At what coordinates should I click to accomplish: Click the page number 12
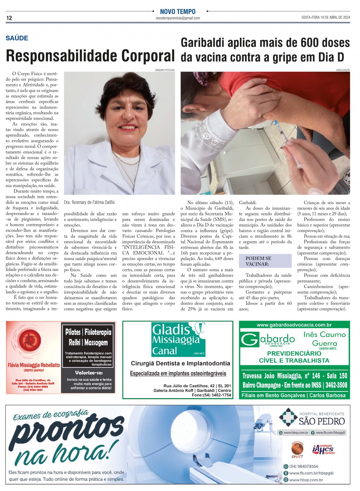click(9, 18)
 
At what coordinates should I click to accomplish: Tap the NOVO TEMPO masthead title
click(178, 12)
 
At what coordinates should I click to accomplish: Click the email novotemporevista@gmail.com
click(178, 18)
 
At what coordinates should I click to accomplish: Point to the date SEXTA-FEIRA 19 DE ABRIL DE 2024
click(326, 17)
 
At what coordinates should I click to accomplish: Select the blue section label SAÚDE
click(17, 38)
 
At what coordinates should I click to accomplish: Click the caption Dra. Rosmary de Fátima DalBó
click(89, 202)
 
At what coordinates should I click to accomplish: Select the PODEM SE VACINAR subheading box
click(265, 261)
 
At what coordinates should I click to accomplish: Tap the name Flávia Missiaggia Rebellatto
click(34, 365)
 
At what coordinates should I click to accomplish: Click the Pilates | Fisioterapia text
click(88, 332)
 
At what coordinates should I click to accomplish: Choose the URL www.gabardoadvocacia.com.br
click(294, 325)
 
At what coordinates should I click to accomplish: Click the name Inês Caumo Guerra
click(324, 339)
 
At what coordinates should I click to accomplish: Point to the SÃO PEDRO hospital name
click(322, 421)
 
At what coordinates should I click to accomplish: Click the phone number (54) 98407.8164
click(304, 466)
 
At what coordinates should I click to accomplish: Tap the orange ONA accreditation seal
click(297, 449)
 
